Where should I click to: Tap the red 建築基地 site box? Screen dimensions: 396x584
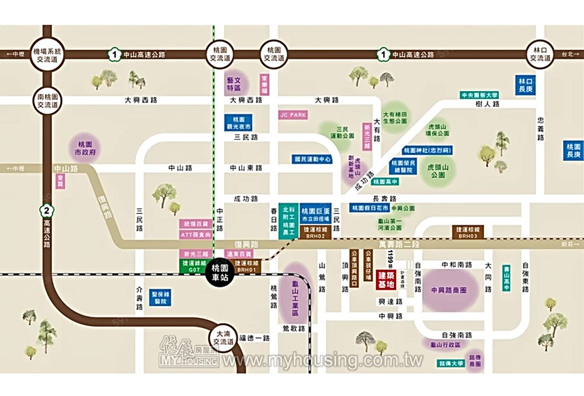click(x=387, y=279)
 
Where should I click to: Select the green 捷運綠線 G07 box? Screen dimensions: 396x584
click(x=192, y=266)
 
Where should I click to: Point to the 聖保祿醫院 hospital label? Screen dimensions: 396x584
click(x=159, y=297)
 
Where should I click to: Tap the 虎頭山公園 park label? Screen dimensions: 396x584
click(x=440, y=171)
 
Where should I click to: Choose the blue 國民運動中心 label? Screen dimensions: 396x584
click(x=312, y=159)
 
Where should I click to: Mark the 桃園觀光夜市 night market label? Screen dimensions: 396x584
click(x=238, y=122)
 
